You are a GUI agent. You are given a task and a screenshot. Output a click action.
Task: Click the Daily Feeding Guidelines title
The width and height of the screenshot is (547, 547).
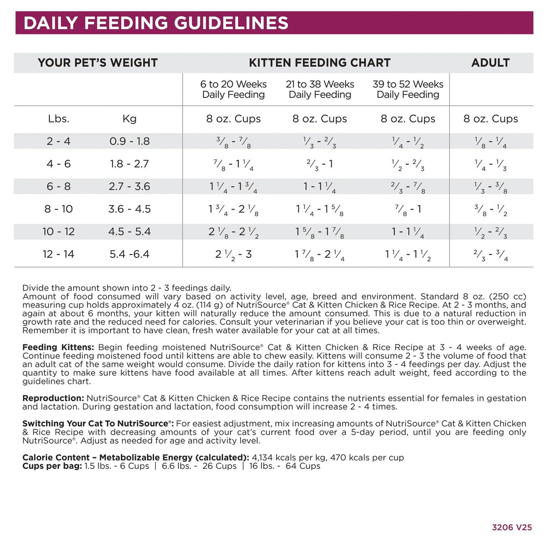tap(156, 23)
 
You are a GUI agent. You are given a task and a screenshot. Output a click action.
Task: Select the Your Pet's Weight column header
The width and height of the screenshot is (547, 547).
tap(97, 63)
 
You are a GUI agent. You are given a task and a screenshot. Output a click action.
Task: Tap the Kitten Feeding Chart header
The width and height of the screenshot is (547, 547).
tap(319, 63)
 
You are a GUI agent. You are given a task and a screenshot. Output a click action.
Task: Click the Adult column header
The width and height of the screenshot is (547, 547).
tap(490, 63)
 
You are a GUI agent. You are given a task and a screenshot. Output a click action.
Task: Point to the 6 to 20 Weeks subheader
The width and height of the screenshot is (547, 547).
tap(234, 89)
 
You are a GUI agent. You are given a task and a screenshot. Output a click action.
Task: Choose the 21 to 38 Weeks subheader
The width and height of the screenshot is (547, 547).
tap(319, 89)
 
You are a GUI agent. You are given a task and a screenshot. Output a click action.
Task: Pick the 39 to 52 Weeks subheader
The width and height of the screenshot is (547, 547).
tap(408, 89)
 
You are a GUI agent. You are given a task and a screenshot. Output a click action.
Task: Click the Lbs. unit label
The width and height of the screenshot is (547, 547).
tap(59, 119)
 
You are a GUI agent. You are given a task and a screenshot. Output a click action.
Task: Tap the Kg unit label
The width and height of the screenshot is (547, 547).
tap(130, 119)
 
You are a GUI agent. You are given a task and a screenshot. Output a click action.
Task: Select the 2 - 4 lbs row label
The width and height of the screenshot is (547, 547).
tap(59, 141)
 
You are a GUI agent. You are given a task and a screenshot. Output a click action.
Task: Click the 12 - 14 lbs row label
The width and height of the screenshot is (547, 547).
tap(59, 254)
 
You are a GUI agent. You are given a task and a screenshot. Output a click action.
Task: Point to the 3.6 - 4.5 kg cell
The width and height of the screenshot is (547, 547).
tap(130, 209)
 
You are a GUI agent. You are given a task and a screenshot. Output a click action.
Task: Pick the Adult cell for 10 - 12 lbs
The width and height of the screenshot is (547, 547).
tap(490, 232)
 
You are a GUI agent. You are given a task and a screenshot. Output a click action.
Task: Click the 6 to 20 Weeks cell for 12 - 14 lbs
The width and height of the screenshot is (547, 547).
tap(234, 254)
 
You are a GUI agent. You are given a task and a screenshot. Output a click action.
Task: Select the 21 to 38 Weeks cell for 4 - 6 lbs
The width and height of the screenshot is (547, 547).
tap(319, 164)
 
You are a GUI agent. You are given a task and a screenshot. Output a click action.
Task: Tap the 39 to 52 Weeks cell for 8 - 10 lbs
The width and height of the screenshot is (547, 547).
tap(408, 209)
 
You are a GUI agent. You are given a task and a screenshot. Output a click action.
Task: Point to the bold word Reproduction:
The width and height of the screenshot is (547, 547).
tap(53, 398)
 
